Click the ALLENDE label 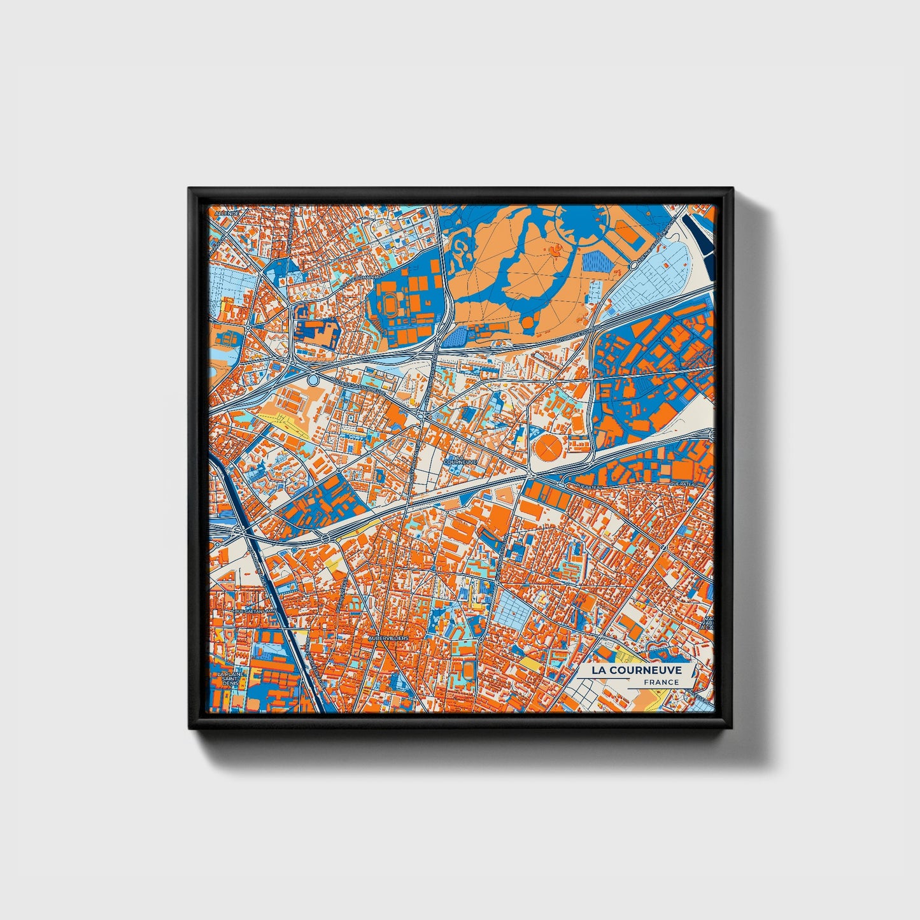coord(226,214)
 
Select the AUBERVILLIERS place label coord(388,637)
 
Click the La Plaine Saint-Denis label coord(229,678)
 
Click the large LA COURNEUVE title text coord(636,670)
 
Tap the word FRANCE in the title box coord(661,683)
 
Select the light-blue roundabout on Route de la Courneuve coord(312,380)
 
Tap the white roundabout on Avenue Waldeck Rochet coord(634,265)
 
